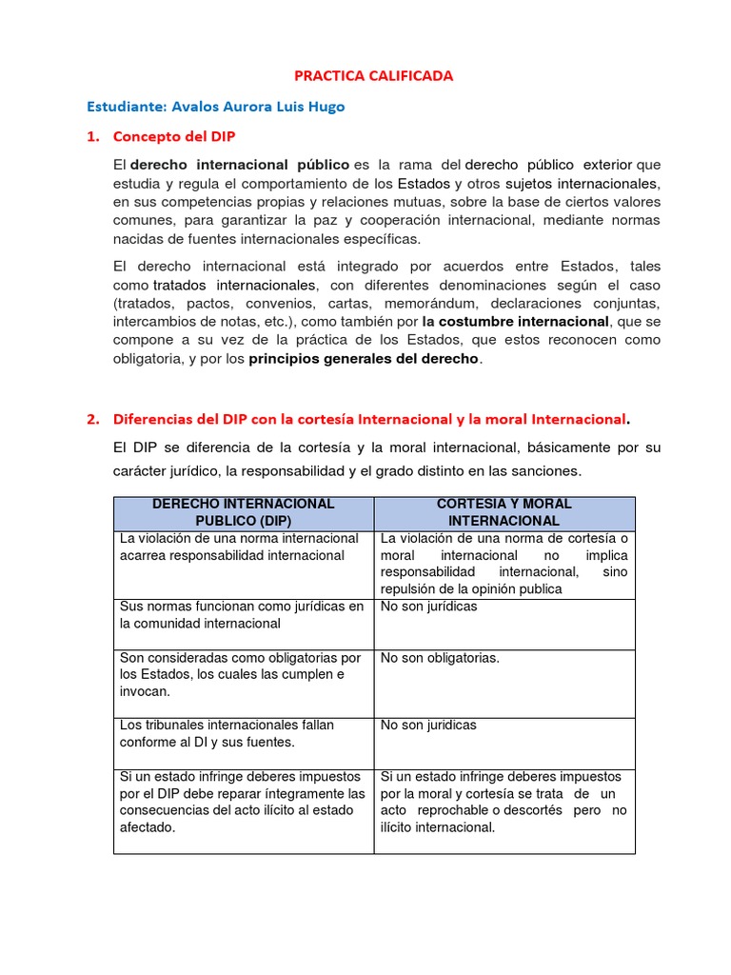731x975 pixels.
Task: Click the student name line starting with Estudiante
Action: [x=215, y=107]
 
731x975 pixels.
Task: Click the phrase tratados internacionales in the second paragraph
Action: [x=234, y=285]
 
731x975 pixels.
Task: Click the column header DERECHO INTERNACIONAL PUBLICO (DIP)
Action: [x=244, y=512]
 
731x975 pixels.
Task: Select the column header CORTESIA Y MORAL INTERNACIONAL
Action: [x=504, y=512]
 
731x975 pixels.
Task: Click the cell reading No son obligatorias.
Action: [x=440, y=658]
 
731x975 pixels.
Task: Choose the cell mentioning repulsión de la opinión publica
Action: [x=504, y=564]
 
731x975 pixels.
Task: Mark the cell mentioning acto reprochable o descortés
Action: [x=504, y=802]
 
